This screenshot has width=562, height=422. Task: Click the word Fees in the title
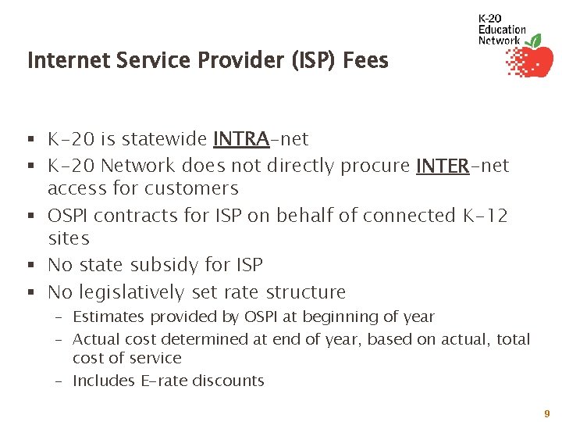click(x=365, y=60)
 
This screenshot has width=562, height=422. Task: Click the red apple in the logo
click(x=536, y=62)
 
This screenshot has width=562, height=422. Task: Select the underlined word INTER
click(x=443, y=166)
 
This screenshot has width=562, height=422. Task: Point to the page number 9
click(x=547, y=413)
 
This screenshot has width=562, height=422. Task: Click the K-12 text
click(x=482, y=215)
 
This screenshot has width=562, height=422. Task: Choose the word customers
click(x=193, y=188)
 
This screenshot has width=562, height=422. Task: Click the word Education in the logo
click(x=502, y=30)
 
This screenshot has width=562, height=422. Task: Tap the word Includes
click(x=101, y=381)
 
